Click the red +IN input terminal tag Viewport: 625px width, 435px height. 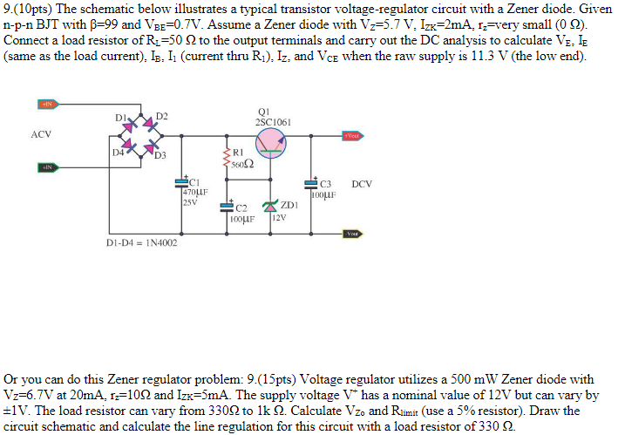(48, 105)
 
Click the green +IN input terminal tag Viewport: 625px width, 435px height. (48, 167)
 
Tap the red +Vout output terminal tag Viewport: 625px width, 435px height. (352, 136)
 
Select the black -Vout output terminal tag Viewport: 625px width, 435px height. (352, 233)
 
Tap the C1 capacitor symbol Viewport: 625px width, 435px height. (180, 182)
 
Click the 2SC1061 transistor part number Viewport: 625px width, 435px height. (273, 123)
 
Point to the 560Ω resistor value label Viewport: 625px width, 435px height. (243, 164)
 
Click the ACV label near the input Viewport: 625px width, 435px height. (41, 134)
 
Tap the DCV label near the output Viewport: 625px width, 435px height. (362, 184)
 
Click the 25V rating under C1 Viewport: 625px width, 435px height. (190, 202)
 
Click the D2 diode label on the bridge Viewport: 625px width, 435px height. (162, 117)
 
